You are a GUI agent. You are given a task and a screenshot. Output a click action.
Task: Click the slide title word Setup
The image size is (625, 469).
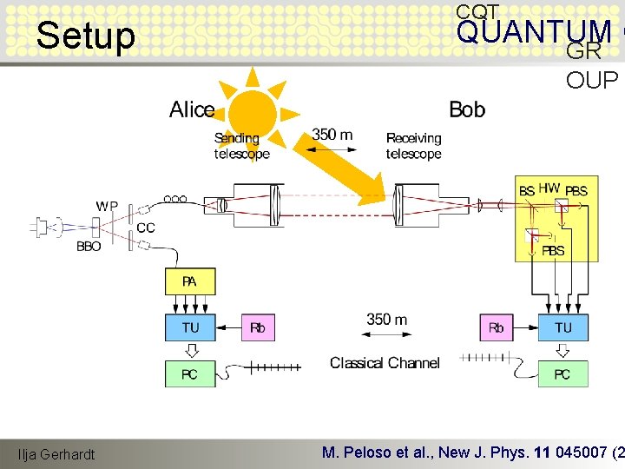click(x=87, y=36)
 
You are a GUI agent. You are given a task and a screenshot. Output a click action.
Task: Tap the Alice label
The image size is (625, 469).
click(x=192, y=110)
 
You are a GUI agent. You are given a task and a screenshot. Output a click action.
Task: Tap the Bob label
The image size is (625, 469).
click(x=467, y=110)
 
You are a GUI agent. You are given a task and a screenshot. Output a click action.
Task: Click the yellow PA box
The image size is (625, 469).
click(x=189, y=282)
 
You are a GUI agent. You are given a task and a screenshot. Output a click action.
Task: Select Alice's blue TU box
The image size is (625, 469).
click(x=189, y=327)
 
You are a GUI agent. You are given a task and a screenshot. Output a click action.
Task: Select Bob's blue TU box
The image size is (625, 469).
click(x=562, y=327)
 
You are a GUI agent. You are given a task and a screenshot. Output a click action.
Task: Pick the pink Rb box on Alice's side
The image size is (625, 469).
click(x=257, y=327)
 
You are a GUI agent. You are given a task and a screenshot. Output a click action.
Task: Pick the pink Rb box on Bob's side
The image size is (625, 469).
click(x=496, y=327)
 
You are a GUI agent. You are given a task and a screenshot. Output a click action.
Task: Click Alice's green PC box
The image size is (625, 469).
click(x=189, y=374)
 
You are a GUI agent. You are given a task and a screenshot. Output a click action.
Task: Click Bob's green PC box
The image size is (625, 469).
click(x=562, y=374)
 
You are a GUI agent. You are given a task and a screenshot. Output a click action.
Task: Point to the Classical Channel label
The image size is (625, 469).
click(x=385, y=363)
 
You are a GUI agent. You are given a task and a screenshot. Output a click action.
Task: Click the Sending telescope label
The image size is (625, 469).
click(x=241, y=146)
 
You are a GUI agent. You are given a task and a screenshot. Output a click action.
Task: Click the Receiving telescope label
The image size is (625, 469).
click(x=413, y=146)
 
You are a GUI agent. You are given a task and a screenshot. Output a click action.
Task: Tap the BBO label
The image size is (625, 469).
click(x=89, y=247)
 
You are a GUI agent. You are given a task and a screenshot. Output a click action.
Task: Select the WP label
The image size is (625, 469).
click(x=108, y=207)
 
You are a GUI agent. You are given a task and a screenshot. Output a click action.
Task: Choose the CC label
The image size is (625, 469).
click(x=146, y=228)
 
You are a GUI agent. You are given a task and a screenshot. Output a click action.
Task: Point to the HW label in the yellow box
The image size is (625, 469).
click(x=549, y=188)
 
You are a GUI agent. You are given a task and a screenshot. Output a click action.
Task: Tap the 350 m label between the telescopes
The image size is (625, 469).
click(x=332, y=135)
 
